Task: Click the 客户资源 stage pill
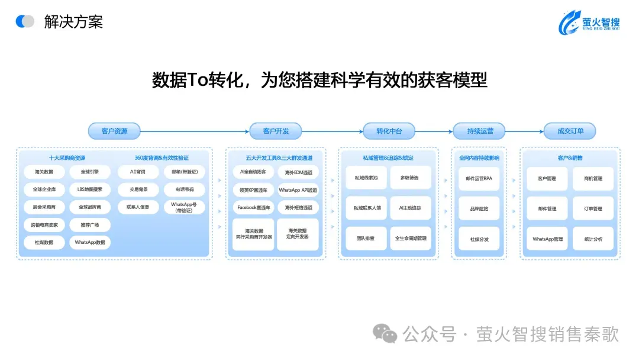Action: coord(115,131)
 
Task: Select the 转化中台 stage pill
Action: coord(389,131)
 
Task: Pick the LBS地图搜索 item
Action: coord(89,190)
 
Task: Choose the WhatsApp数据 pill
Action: coord(89,242)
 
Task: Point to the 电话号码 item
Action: coord(184,190)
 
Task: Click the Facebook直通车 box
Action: coord(253,208)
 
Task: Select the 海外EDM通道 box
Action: coord(298,172)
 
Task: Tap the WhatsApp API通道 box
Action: coord(298,190)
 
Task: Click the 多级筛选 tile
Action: coord(409,178)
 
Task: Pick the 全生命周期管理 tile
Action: coord(409,239)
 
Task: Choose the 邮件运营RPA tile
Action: coord(479,178)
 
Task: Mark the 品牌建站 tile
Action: coord(479,208)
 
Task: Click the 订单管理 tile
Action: coord(593,208)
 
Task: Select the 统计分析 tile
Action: coord(593,239)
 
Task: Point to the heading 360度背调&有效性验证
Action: coord(162,157)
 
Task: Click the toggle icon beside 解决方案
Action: coord(25,22)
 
